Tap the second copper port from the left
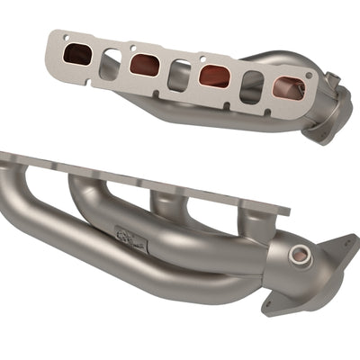point(145,64)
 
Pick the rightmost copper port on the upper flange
point(286,87)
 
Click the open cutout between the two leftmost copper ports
point(111,60)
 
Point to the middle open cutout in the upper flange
point(179,70)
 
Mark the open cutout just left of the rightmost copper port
point(249,83)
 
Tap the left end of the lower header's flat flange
point(7,159)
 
